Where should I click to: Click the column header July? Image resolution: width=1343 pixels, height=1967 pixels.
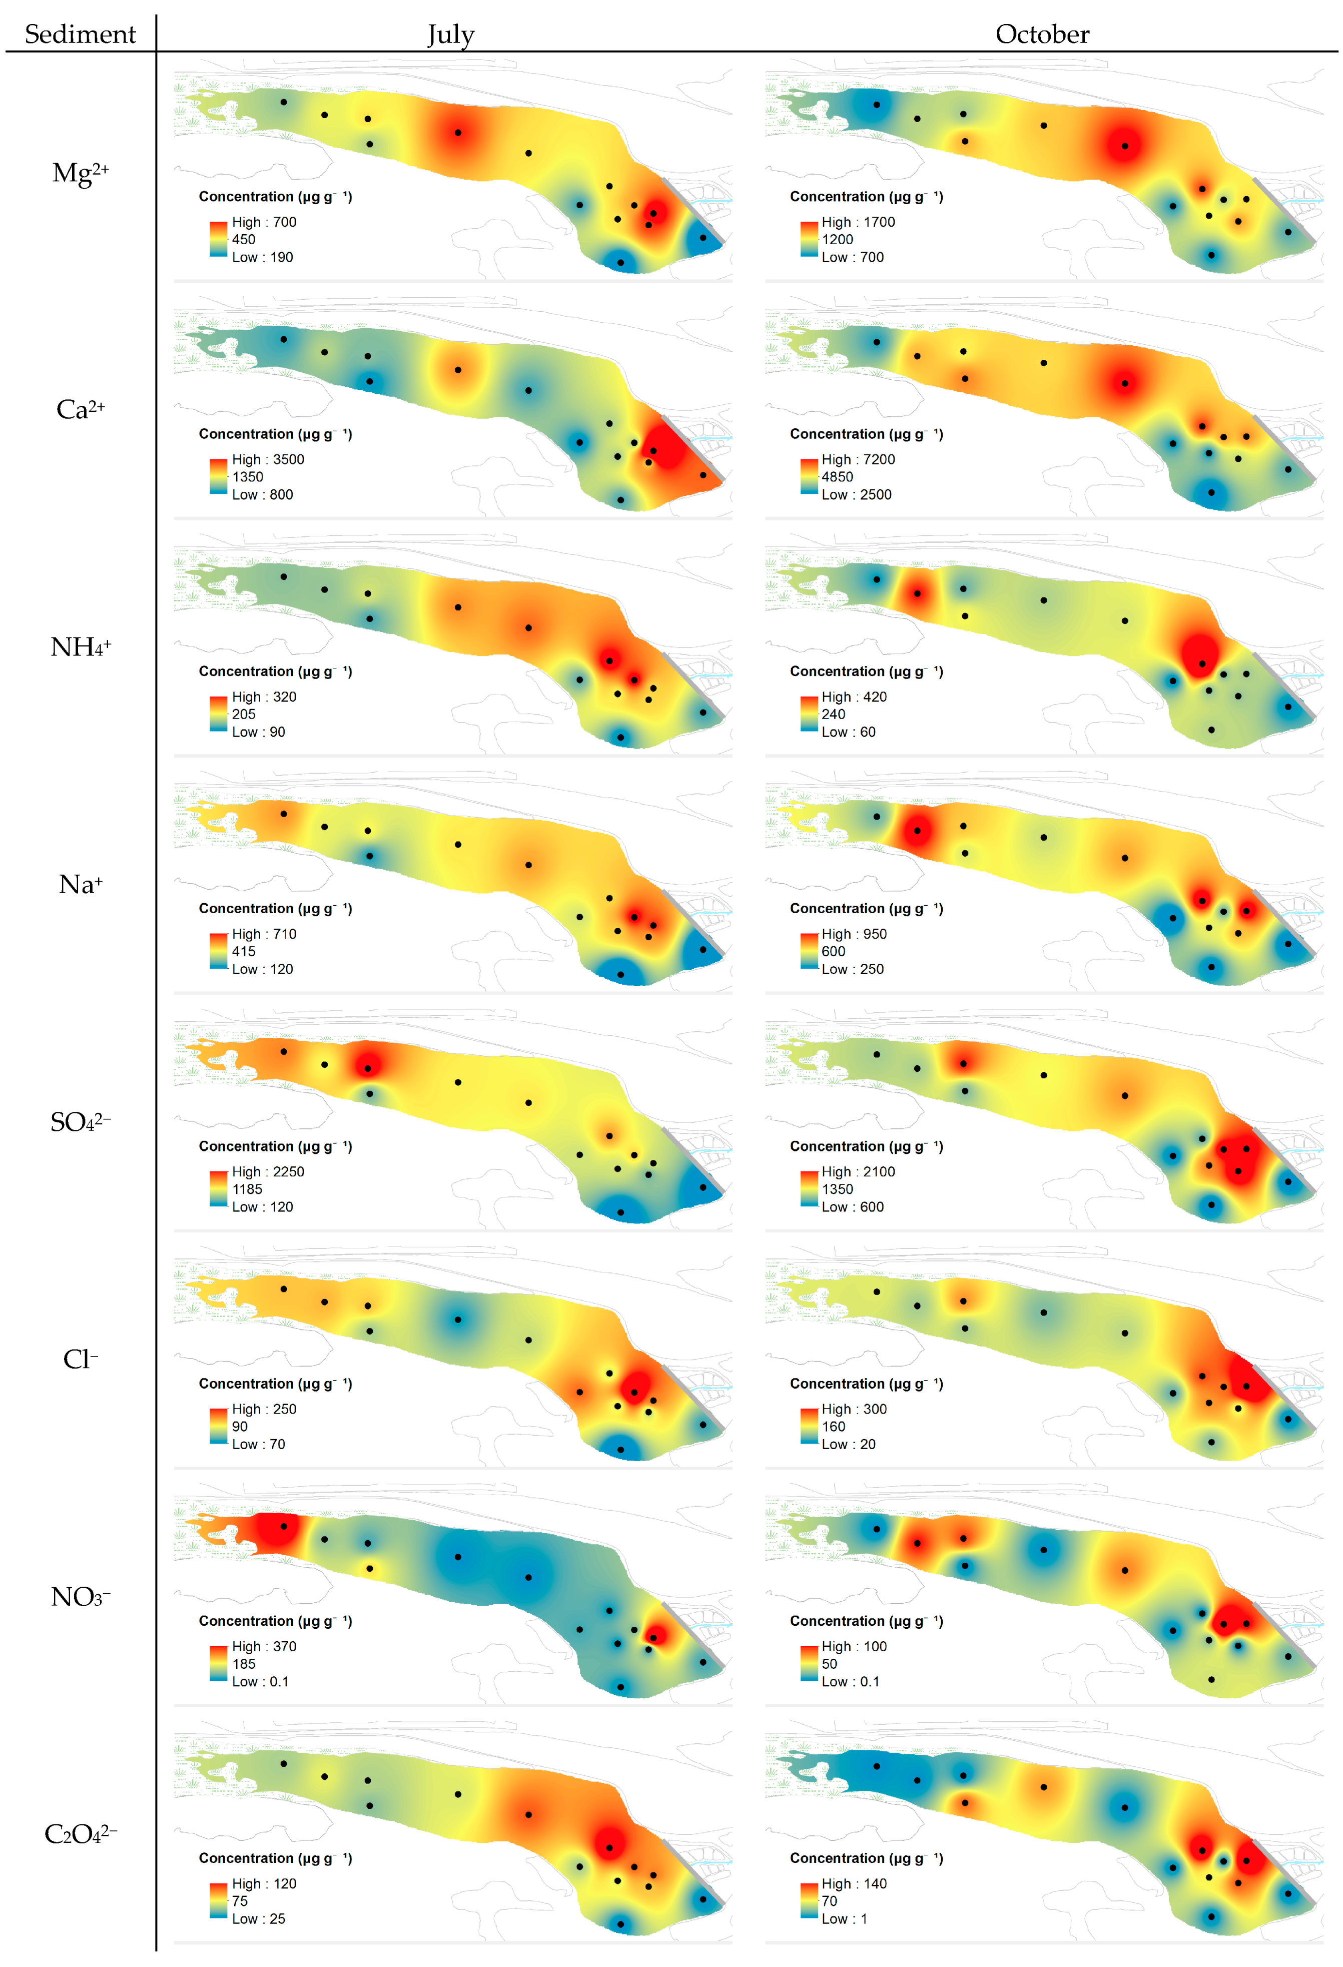click(450, 35)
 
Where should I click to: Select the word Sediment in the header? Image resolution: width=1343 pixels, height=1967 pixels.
click(81, 34)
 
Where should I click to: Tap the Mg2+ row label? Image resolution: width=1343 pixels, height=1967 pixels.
click(81, 173)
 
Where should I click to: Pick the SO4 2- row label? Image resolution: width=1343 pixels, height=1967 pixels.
click(81, 1122)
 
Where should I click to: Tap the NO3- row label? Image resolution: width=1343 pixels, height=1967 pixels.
click(81, 1597)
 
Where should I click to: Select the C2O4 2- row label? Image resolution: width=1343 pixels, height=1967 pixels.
click(81, 1834)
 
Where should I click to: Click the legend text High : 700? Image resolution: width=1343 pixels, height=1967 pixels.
click(264, 222)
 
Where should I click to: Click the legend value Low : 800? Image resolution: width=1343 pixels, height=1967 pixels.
click(262, 494)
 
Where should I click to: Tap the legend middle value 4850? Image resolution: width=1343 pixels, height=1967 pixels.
click(837, 476)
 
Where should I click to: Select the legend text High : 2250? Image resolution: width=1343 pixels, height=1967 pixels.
click(268, 1171)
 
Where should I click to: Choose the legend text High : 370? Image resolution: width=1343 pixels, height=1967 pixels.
click(264, 1646)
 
